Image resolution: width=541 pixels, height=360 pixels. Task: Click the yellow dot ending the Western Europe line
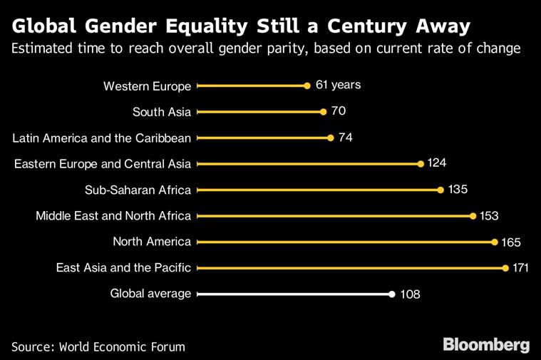[307, 86]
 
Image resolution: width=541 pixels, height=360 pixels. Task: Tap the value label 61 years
[338, 85]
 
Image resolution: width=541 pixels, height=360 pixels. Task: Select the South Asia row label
[162, 112]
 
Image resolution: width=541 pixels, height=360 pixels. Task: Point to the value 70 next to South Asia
[338, 111]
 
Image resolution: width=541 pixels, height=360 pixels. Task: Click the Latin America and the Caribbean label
[103, 138]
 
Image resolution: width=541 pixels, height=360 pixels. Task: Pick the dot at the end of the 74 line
[331, 138]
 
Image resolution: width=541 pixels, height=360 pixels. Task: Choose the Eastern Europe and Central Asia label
[103, 164]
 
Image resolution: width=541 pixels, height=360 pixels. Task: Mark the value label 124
[436, 163]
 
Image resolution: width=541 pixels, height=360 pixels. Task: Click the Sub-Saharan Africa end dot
[441, 190]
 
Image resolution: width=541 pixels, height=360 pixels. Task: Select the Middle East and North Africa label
[113, 215]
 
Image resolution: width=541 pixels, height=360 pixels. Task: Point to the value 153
[488, 215]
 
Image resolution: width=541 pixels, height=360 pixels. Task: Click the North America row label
[152, 242]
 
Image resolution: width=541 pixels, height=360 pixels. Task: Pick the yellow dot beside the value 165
[495, 242]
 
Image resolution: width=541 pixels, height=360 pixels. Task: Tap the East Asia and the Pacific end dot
[505, 268]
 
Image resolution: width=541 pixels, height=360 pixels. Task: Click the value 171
[521, 268]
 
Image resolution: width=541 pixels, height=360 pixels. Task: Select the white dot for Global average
[392, 294]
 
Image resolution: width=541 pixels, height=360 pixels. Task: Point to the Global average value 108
[409, 294]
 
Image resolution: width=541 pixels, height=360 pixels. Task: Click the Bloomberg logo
[486, 346]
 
